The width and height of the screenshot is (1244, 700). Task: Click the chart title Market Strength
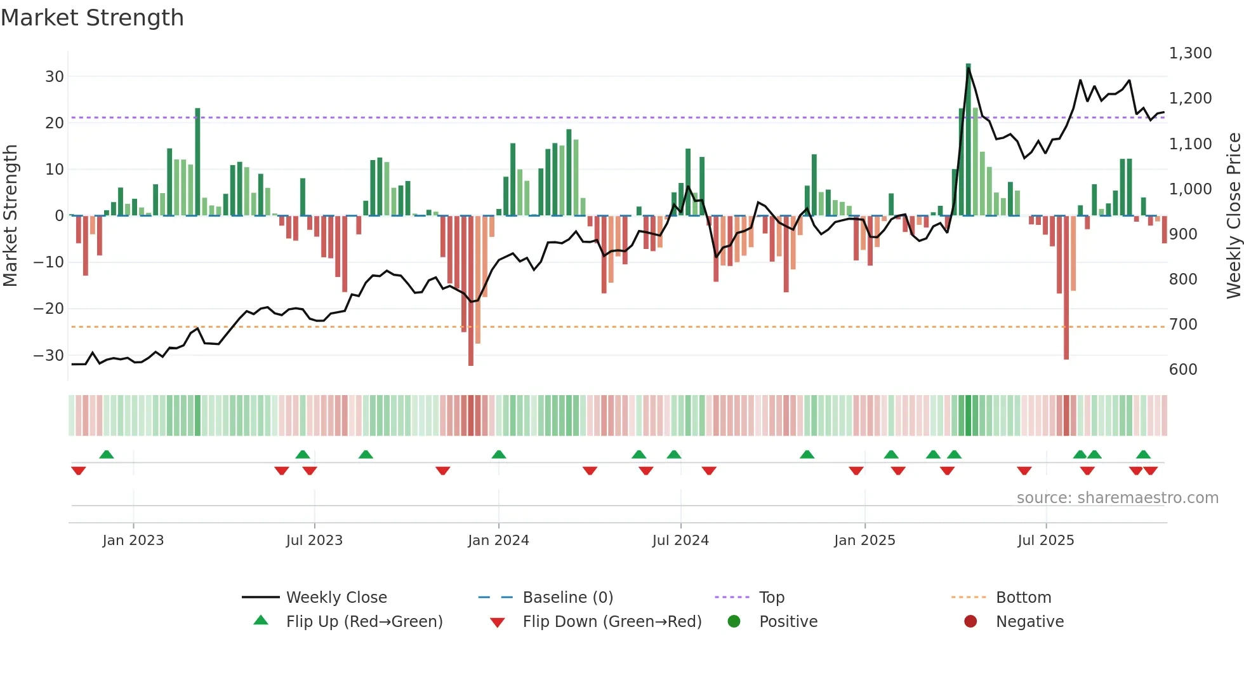coord(93,18)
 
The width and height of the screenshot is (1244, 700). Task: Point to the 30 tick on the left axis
coord(55,77)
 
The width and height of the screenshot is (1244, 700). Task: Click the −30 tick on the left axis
coord(50,356)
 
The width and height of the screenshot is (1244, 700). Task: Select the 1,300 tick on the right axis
coord(1190,53)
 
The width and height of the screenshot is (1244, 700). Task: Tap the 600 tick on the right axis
coord(1183,370)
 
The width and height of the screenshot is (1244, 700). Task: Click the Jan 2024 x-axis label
coord(498,541)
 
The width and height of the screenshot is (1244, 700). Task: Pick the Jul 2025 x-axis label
coord(1045,541)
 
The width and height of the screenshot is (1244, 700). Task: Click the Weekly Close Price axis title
coord(1233,216)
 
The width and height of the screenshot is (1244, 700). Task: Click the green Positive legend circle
coord(734,622)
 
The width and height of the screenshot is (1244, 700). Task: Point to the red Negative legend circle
coord(970,622)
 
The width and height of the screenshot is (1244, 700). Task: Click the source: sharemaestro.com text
coord(1117,498)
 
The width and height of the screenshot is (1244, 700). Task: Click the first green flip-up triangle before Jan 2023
coord(107,455)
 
